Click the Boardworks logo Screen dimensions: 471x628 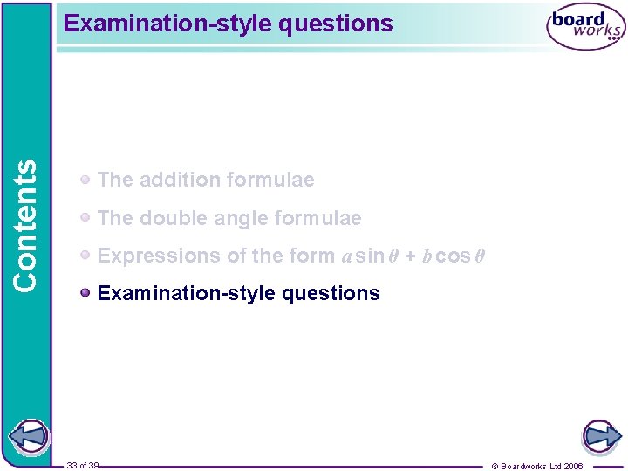pos(585,30)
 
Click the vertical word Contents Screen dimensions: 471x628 pos(26,224)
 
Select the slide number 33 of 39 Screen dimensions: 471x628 pos(83,466)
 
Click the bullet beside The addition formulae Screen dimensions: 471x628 pos(85,179)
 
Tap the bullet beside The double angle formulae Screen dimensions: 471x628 pos(85,217)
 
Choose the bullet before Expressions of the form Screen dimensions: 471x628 pos(85,255)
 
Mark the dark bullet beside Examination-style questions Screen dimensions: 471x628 pos(85,292)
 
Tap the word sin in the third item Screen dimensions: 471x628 pos(370,256)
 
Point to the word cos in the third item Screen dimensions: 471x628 pos(452,256)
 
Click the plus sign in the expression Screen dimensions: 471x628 pos(409,256)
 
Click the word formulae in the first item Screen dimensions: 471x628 pos(271,180)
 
